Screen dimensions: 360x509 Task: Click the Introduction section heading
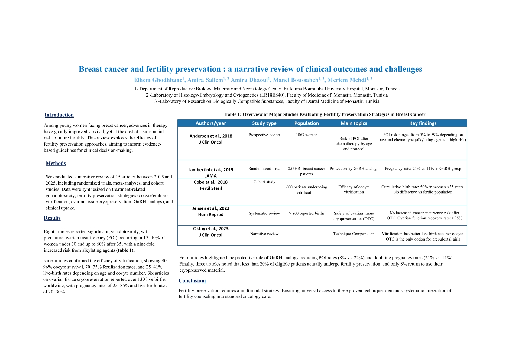pos(59,115)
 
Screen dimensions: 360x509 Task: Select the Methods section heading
pos(56,163)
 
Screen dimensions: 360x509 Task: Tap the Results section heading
pos(52,218)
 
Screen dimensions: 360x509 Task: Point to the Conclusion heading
pos(192,281)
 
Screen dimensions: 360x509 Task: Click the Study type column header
pos(264,123)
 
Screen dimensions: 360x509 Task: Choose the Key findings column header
pos(423,123)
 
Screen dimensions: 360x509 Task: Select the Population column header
pos(306,123)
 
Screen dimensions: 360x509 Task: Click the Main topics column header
pos(354,123)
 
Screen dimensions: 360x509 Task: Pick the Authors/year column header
pos(211,123)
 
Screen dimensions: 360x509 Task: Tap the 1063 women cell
pos(306,135)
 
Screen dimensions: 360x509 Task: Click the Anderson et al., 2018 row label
pos(211,136)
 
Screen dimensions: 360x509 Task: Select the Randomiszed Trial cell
pos(264,169)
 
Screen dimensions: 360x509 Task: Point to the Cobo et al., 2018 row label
pos(211,182)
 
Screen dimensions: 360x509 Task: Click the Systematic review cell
pos(264,213)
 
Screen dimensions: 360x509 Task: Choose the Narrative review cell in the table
pos(264,234)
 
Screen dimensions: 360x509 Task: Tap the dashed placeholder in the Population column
pos(306,234)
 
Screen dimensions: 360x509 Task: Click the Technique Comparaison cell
pos(354,234)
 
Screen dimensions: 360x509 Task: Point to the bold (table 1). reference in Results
pos(125,250)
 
